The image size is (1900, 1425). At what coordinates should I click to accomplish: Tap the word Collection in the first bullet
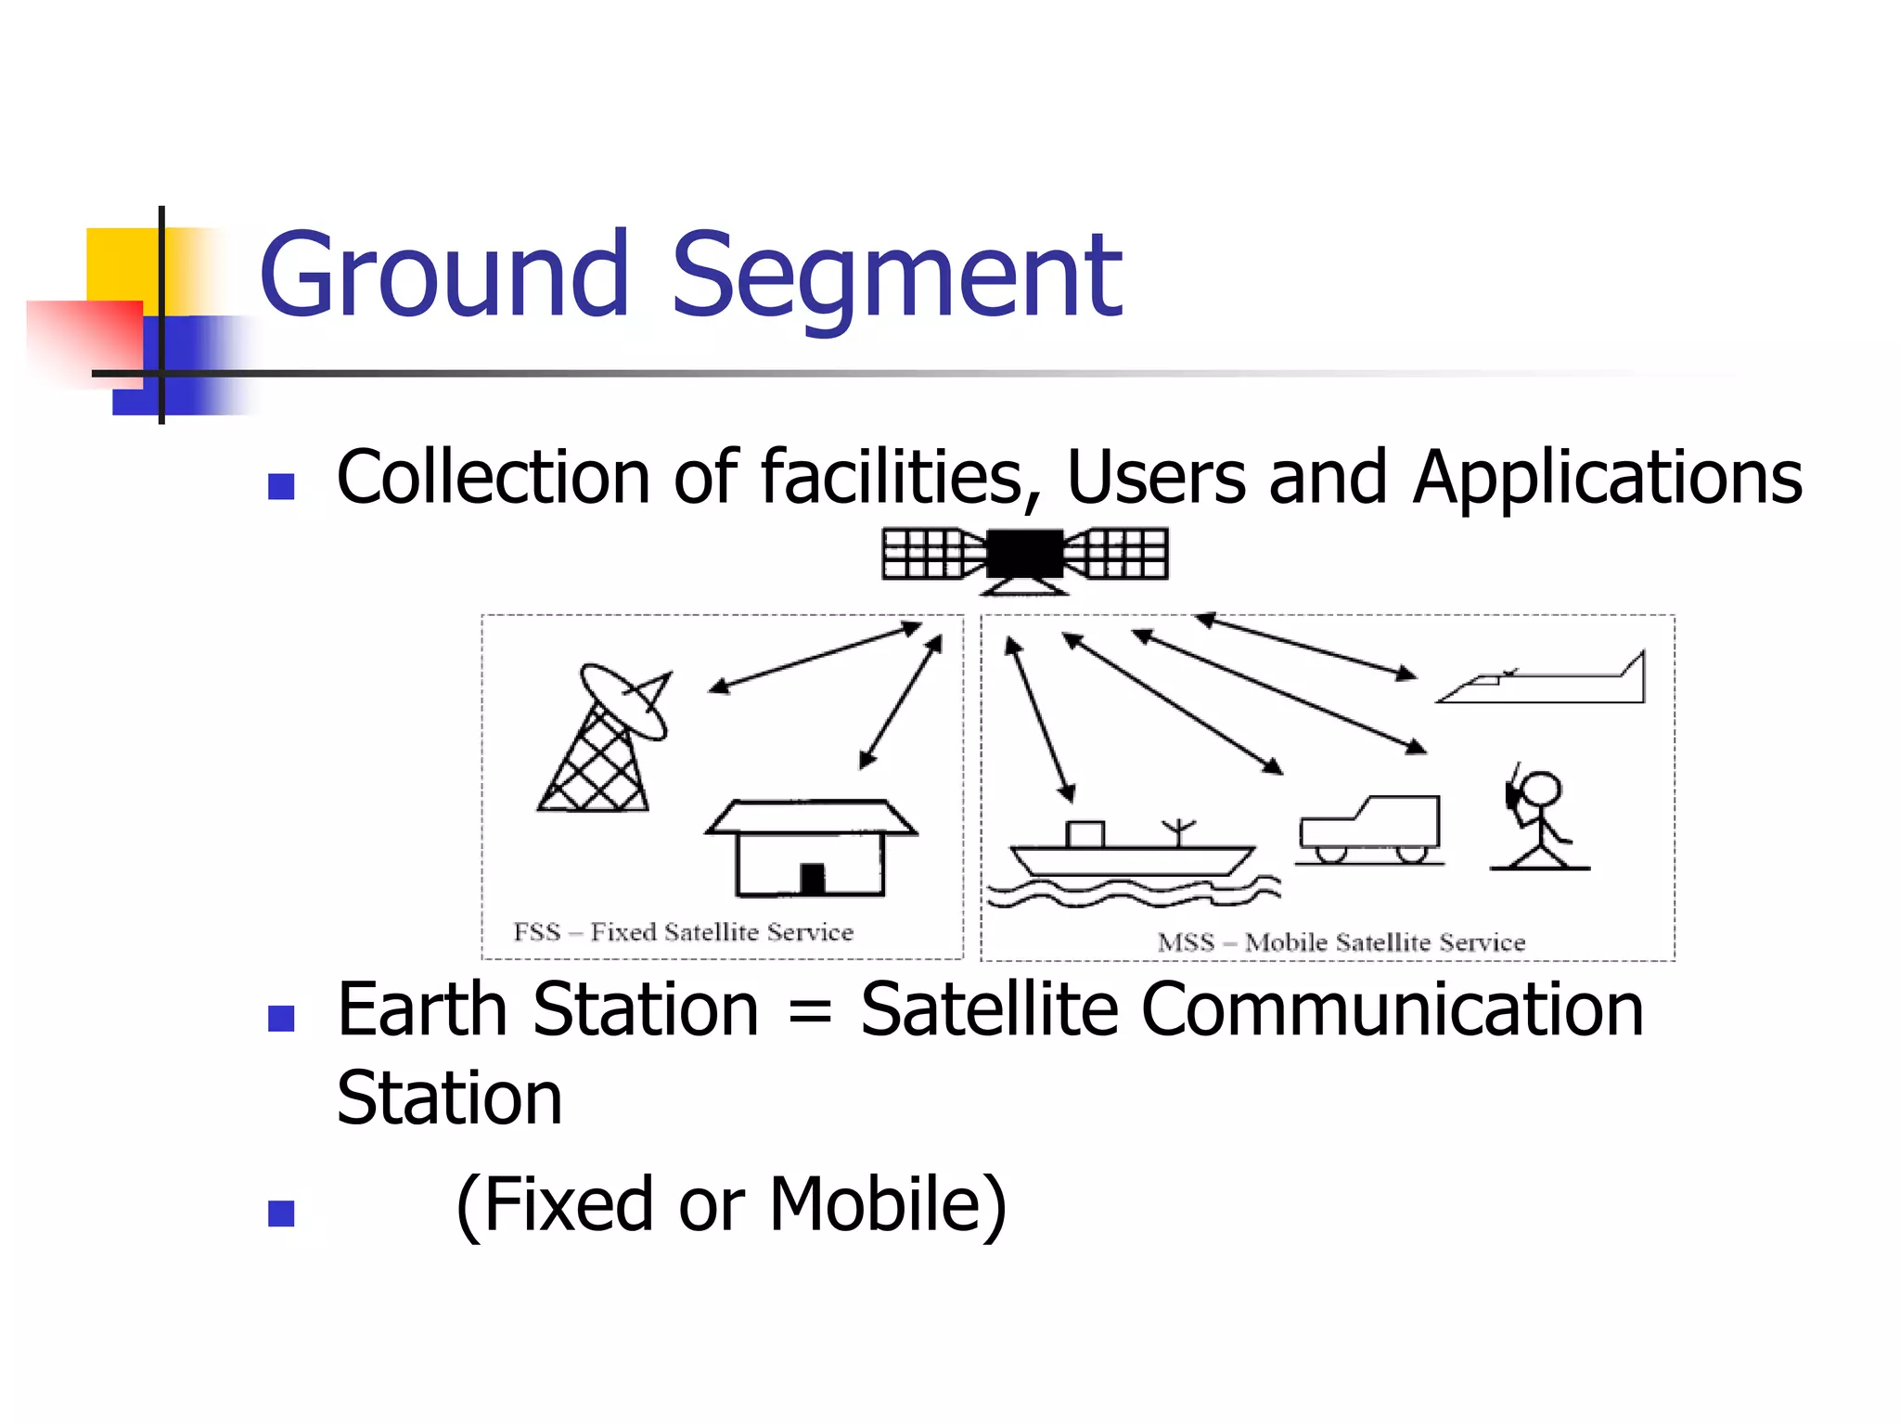tap(493, 477)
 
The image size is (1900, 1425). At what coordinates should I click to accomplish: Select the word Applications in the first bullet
tap(1607, 479)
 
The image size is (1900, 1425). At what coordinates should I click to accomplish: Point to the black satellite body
tap(1024, 554)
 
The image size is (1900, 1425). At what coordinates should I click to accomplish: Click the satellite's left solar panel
tap(928, 554)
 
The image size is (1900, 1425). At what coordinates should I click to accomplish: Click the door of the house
tap(813, 879)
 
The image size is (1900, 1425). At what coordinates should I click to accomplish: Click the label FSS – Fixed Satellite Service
tap(684, 931)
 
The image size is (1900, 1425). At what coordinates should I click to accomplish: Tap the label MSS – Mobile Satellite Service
tap(1342, 943)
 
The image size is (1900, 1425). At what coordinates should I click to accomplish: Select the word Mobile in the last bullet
tap(874, 1204)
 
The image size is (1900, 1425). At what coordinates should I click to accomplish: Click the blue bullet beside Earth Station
tap(281, 1019)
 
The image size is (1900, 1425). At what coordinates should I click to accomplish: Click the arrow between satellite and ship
tap(1041, 719)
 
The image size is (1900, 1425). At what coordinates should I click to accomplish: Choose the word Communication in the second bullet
tap(1393, 1009)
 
